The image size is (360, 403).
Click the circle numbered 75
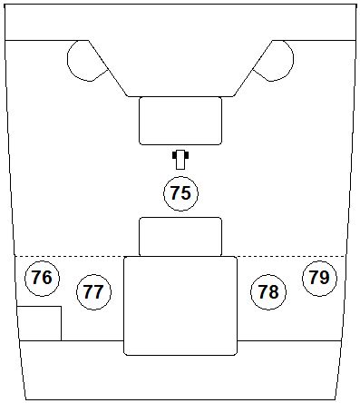click(180, 192)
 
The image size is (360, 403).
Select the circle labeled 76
click(41, 278)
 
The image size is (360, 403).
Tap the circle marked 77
click(92, 292)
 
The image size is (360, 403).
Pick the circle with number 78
click(268, 292)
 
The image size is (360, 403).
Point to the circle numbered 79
click(318, 278)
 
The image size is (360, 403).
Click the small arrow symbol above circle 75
click(180, 159)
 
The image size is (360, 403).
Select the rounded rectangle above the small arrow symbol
click(180, 121)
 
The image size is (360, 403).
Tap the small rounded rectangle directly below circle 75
click(180, 237)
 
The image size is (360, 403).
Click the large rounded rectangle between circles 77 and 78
click(180, 305)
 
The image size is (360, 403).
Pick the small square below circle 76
click(39, 323)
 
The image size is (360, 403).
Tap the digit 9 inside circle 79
click(324, 278)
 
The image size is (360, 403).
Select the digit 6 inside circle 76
click(46, 278)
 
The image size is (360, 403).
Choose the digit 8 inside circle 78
click(274, 292)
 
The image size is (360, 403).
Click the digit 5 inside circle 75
click(186, 192)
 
